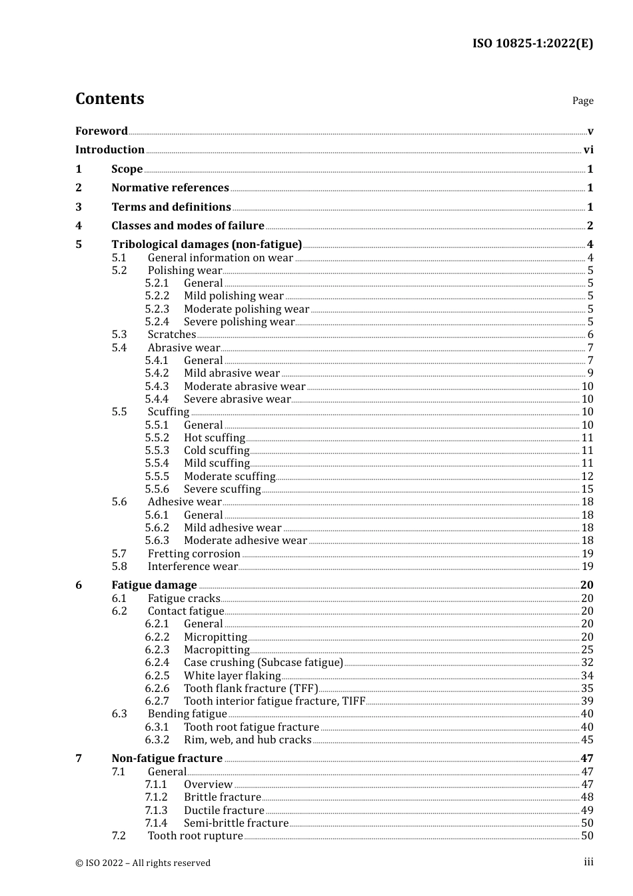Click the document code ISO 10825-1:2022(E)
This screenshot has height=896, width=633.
pos(532,44)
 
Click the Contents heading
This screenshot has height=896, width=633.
pos(109,99)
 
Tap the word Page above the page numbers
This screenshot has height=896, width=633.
pos(582,101)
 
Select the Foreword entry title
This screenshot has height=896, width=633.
pos(101,131)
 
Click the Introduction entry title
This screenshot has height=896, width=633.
pos(110,150)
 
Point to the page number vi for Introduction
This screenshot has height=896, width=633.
pos(588,150)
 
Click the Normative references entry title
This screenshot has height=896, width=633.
pos(170,188)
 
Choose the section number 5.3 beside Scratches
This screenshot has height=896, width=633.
pos(119,335)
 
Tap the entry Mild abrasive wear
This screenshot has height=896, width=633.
pos(232,373)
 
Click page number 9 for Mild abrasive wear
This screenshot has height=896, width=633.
pos(590,373)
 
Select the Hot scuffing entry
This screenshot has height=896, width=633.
pos(215,438)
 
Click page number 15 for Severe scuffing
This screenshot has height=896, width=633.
pos(587,489)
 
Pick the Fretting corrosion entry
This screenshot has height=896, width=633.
pos(194,554)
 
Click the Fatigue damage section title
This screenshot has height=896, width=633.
pos(154,585)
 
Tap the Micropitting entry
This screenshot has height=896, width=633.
pos(215,637)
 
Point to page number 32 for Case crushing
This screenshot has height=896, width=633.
pos(587,663)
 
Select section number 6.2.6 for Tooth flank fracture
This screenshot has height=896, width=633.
pos(157,689)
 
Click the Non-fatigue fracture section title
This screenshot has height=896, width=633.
pos(167,759)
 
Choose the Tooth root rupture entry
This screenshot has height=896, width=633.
pos(195,836)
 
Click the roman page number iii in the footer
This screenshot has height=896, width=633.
pos(588,862)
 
